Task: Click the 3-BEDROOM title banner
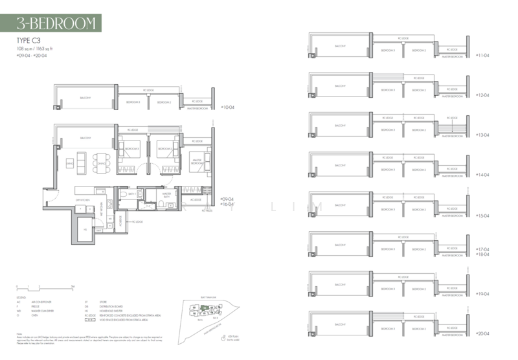59,24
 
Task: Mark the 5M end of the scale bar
73,286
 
